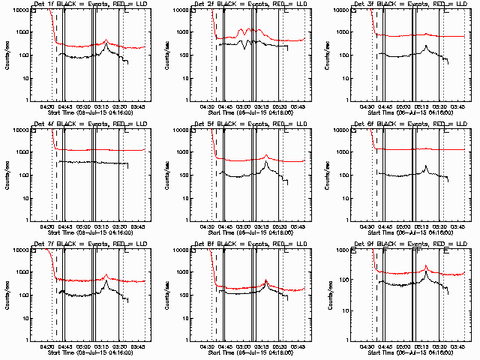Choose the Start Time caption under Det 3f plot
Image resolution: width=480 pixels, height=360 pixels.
tap(405, 113)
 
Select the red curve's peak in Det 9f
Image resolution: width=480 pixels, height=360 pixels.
tap(426, 266)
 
